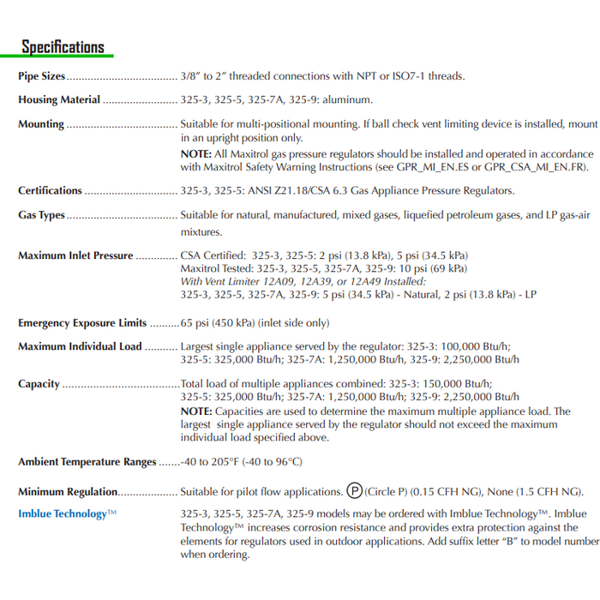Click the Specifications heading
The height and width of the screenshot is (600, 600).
click(x=63, y=47)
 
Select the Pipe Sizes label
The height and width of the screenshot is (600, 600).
click(x=42, y=76)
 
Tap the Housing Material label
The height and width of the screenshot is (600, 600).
click(x=59, y=100)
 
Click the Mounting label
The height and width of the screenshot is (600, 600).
click(x=41, y=124)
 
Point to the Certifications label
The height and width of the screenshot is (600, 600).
click(x=51, y=191)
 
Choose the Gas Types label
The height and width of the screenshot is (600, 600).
click(x=42, y=215)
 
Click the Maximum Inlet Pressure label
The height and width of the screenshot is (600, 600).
click(x=75, y=255)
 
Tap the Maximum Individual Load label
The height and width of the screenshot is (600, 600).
click(x=80, y=347)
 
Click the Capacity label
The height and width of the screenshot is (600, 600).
click(x=39, y=384)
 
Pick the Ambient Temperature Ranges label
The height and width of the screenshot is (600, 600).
click(x=87, y=462)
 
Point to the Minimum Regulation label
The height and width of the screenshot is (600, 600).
click(x=68, y=492)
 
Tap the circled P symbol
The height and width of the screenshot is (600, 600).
click(x=355, y=492)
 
